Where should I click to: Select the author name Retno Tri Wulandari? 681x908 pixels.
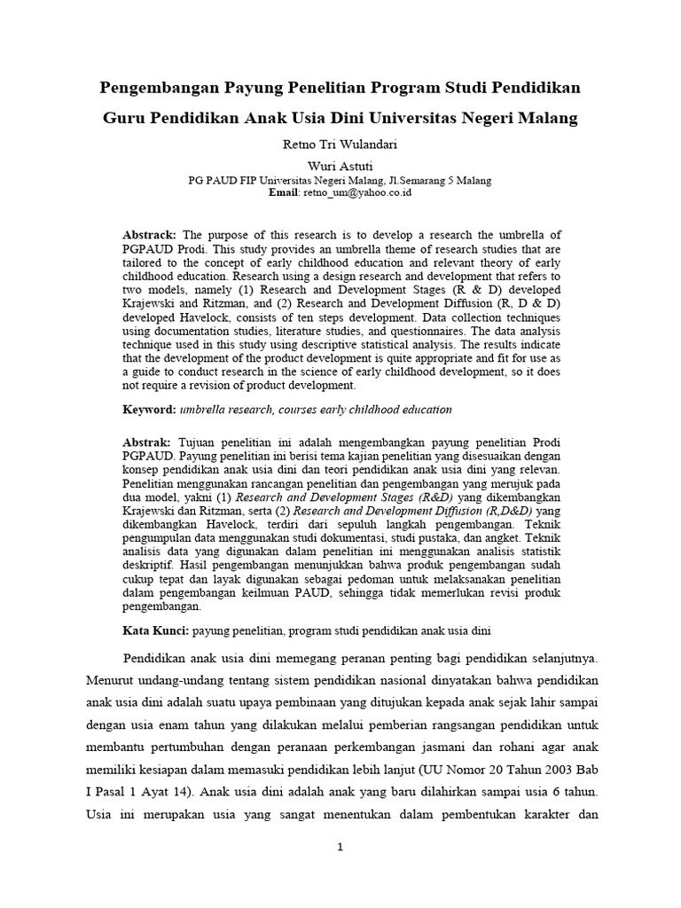(x=340, y=145)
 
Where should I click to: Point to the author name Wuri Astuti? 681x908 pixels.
(x=340, y=166)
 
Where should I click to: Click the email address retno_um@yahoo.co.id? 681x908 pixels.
(x=358, y=192)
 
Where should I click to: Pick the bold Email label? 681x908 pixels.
(x=283, y=192)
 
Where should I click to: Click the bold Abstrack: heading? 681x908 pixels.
(x=148, y=234)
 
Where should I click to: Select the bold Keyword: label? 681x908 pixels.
(x=150, y=410)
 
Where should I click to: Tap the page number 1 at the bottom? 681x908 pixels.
(x=340, y=848)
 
